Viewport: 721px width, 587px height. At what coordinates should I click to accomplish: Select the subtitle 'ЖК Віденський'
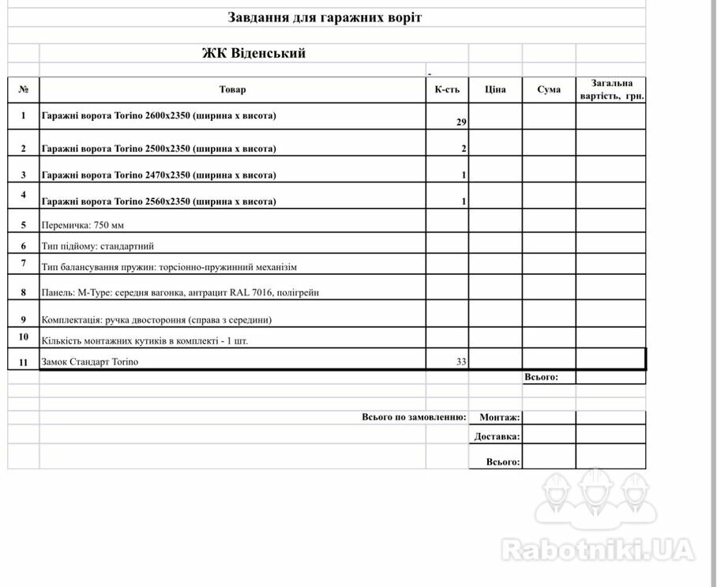click(x=253, y=54)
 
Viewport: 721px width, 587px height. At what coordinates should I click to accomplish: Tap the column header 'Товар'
click(x=232, y=89)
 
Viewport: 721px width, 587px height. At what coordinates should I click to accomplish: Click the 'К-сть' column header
click(x=447, y=89)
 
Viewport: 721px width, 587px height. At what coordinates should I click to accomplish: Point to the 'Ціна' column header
click(x=495, y=89)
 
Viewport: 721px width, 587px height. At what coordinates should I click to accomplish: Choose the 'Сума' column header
click(x=549, y=89)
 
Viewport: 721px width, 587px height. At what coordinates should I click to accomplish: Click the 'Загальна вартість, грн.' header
click(x=611, y=89)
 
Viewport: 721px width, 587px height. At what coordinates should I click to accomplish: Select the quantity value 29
click(x=462, y=122)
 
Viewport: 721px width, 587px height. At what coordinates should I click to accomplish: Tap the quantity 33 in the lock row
click(x=461, y=362)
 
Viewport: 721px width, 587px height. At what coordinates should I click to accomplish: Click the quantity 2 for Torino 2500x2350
click(x=464, y=149)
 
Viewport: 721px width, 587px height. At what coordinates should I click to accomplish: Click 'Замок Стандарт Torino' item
click(x=89, y=362)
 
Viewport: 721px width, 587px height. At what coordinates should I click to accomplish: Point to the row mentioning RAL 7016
click(x=180, y=292)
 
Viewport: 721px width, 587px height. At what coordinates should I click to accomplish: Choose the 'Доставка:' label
click(x=497, y=436)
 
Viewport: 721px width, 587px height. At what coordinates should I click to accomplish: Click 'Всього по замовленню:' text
click(x=414, y=416)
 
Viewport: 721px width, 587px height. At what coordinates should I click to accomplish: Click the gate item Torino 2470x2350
click(x=159, y=175)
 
